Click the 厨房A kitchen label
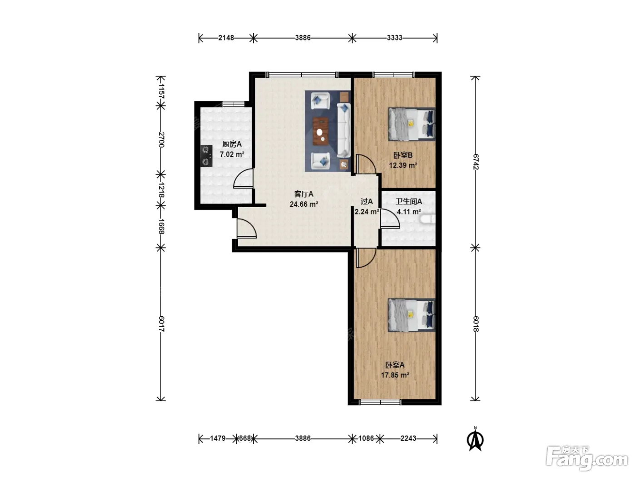coord(232,144)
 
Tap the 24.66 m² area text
coord(304,204)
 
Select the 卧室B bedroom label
coord(403,155)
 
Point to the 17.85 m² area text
coord(395,375)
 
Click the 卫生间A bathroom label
coord(409,201)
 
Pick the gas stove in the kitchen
coord(206,156)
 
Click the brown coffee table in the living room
coord(320,131)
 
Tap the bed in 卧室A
coord(412,315)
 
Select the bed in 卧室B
coord(412,124)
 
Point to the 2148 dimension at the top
coord(226,38)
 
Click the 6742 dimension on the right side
coord(476,162)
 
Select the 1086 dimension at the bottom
coord(366,438)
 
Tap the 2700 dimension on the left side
coord(162,140)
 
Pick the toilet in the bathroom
coord(427,219)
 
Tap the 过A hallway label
coord(367,201)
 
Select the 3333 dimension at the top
coord(394,38)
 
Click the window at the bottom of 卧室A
coord(380,402)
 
